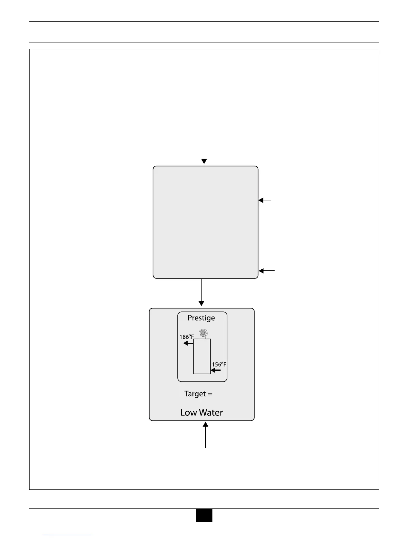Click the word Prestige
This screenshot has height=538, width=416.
(201, 318)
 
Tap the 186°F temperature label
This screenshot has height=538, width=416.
(187, 337)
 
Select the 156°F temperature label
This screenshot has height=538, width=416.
(219, 364)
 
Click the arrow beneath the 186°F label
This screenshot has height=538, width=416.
(188, 343)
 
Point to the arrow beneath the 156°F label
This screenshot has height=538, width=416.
(216, 370)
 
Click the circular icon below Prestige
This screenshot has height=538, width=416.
(203, 333)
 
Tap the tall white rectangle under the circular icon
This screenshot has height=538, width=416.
(202, 356)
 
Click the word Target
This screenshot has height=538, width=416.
(195, 394)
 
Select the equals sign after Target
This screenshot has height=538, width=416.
(210, 394)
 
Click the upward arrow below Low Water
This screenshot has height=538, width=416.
(206, 435)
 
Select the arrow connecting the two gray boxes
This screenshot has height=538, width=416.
(202, 292)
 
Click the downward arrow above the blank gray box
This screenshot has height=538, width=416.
(204, 150)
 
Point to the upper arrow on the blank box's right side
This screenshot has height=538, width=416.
(264, 200)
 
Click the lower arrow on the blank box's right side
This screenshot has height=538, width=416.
(266, 271)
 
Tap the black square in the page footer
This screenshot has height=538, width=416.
(204, 515)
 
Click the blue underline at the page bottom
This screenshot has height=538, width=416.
(67, 535)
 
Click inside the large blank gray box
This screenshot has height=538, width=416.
(205, 222)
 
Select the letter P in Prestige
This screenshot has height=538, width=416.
(190, 318)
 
